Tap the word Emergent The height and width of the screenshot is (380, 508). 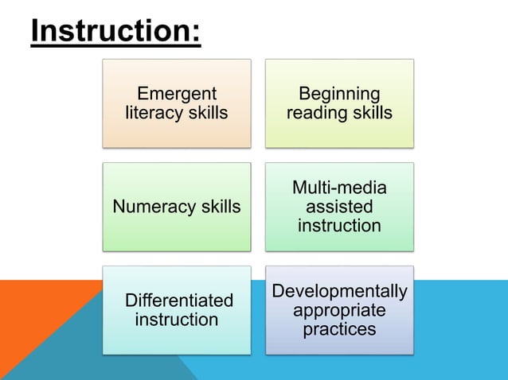(176, 94)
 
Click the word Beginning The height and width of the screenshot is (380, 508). (339, 94)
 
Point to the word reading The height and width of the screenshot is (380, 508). (316, 113)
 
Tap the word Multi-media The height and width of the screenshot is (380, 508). (339, 188)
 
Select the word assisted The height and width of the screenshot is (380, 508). (339, 207)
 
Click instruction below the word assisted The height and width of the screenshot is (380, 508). (339, 226)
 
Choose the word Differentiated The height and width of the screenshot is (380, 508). (179, 301)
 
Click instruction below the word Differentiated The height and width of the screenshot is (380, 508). (176, 320)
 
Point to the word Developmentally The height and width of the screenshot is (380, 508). (339, 291)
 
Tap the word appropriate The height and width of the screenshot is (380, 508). (339, 309)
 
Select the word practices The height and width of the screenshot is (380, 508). (339, 328)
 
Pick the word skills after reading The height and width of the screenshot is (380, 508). (370, 113)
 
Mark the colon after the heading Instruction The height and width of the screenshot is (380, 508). (196, 32)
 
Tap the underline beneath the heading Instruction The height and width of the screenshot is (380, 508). (115, 46)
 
